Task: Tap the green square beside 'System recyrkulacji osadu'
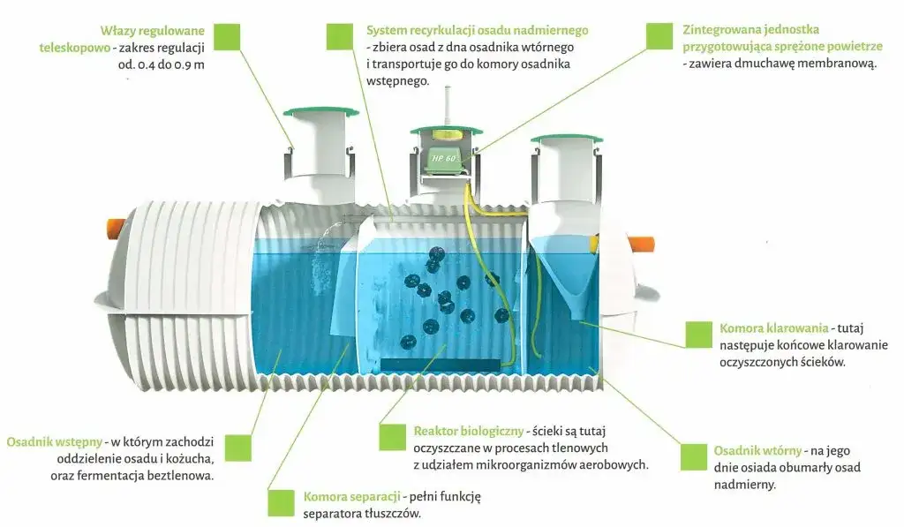tap(340, 36)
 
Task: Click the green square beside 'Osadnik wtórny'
tap(695, 457)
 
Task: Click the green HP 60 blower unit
tap(449, 158)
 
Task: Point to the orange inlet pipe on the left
tap(116, 227)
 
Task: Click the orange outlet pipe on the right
tap(641, 241)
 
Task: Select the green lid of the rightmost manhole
tap(566, 139)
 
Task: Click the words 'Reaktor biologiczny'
tap(468, 432)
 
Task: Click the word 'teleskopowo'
tap(74, 48)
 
